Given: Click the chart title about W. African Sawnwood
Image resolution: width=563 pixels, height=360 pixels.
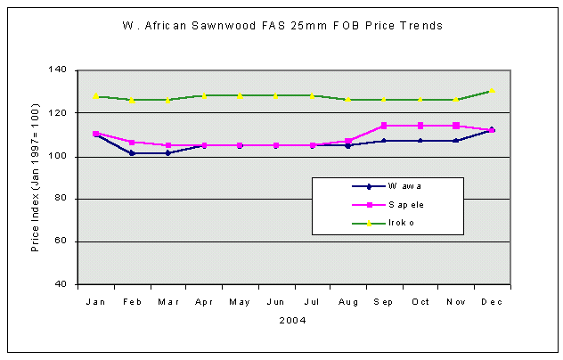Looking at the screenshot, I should [281, 26].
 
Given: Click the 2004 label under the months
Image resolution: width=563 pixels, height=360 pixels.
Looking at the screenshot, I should [293, 319].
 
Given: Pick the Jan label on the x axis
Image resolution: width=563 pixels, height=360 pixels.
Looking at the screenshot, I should [95, 302].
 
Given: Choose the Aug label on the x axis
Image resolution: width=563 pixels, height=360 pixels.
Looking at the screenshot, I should [347, 302].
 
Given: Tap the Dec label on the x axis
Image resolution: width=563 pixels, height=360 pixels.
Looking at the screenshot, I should [491, 302].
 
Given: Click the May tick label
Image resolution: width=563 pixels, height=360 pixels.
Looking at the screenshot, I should [240, 302].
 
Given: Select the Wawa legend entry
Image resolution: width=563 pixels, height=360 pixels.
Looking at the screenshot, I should [404, 186].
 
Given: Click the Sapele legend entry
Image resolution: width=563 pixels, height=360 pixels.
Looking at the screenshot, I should [406, 204].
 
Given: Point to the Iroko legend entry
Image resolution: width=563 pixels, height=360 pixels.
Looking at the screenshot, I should [401, 222].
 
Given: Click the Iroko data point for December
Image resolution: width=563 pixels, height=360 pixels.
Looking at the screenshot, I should [491, 91].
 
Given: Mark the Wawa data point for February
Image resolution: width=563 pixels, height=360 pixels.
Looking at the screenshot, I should [132, 153].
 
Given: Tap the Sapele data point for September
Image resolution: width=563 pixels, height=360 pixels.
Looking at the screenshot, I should [384, 126].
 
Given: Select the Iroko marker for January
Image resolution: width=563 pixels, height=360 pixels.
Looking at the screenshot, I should [96, 95].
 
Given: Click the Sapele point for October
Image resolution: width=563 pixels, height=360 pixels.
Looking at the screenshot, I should [420, 126].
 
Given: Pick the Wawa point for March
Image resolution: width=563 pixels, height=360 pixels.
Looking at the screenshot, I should [167, 153].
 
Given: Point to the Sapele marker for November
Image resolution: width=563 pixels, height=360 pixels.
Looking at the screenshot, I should [455, 126].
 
